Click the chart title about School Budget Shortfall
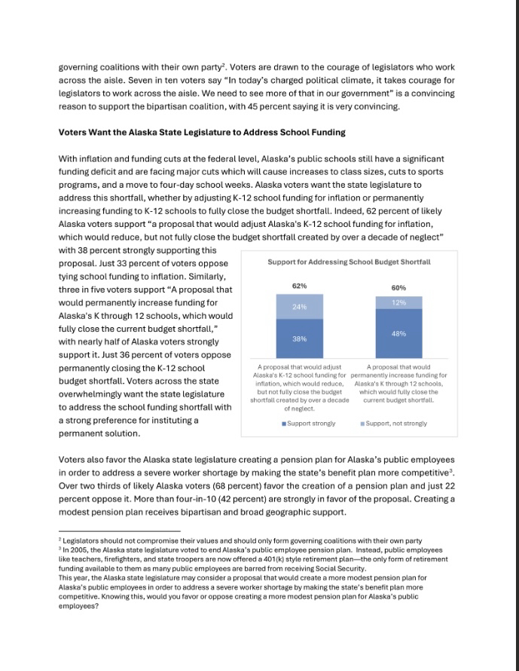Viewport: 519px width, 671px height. [x=349, y=262]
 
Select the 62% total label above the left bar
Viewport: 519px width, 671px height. [x=299, y=286]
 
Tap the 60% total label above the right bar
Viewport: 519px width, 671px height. [x=398, y=288]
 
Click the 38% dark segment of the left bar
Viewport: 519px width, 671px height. [x=299, y=339]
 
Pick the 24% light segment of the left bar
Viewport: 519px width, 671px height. [x=299, y=307]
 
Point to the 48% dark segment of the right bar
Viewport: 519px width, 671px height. [x=398, y=333]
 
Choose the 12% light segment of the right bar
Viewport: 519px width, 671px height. [x=398, y=302]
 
